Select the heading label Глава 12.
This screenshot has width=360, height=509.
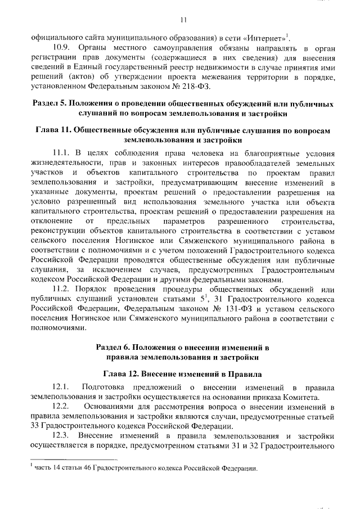125,372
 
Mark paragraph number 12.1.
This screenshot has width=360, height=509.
60,387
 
